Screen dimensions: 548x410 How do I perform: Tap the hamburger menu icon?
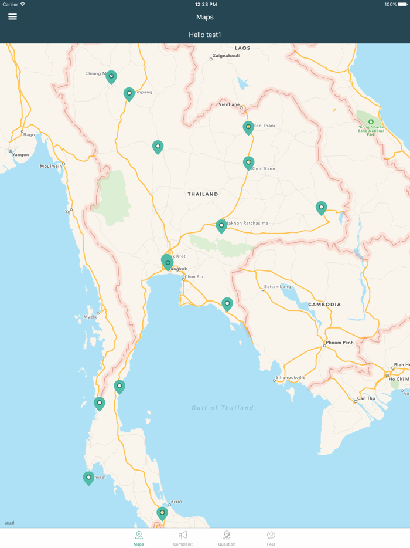coord(12,17)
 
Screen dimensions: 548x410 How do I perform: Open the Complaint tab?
coord(183,538)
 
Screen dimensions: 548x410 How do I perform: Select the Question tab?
coord(227,538)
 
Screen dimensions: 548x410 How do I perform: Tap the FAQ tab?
coord(271,538)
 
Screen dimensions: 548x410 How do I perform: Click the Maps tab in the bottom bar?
coord(139,538)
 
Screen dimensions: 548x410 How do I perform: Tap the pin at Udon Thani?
coord(248,127)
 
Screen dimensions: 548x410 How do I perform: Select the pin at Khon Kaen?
coord(248,163)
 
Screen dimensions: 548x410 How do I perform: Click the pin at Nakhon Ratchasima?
coord(221,226)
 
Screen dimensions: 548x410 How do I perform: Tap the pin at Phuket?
coord(88,478)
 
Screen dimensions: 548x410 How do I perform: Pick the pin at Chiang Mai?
coord(111,76)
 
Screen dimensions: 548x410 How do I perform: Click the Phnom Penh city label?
coord(340,343)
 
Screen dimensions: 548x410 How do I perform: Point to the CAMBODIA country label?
coord(324,305)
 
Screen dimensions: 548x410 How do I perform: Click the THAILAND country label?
coord(203,194)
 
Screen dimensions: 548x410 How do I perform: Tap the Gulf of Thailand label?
coord(223,408)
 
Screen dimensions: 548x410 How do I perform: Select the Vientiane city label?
coord(229,104)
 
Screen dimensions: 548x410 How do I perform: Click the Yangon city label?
coord(20,155)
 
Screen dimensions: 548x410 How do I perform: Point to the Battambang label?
coord(278,287)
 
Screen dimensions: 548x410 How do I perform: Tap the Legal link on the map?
coord(9,522)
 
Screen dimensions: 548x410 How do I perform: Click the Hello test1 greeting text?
coord(205,35)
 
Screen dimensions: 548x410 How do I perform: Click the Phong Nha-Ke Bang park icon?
coord(371,122)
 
